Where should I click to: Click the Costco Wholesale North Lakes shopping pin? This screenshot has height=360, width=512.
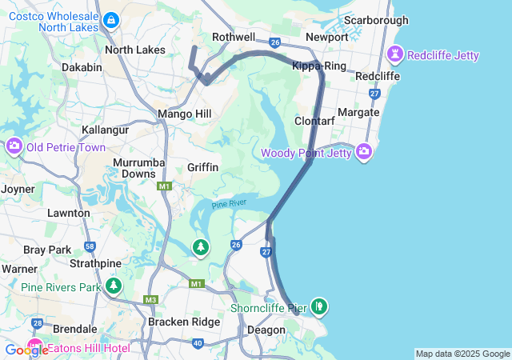[111, 21]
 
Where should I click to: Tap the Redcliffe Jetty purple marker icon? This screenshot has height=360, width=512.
[394, 54]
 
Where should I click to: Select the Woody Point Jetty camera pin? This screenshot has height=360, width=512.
[364, 151]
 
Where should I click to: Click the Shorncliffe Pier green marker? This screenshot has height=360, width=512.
[319, 306]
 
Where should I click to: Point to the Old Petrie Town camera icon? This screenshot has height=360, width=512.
[14, 147]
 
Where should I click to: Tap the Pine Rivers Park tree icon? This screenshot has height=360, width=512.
[114, 286]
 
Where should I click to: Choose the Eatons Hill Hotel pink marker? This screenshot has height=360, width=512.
[36, 348]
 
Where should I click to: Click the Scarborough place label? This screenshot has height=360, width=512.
[375, 20]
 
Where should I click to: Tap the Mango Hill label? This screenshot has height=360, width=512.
[185, 114]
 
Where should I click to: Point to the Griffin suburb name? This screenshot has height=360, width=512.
[202, 167]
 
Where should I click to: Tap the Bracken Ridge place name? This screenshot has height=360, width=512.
[185, 322]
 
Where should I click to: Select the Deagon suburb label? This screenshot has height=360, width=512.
[266, 330]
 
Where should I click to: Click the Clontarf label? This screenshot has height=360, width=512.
[314, 122]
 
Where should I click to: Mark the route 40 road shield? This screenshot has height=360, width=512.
[198, 343]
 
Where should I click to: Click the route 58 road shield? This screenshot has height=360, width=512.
[90, 246]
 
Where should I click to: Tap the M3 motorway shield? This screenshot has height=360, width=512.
[151, 300]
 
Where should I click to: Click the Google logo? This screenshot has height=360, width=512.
[26, 350]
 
